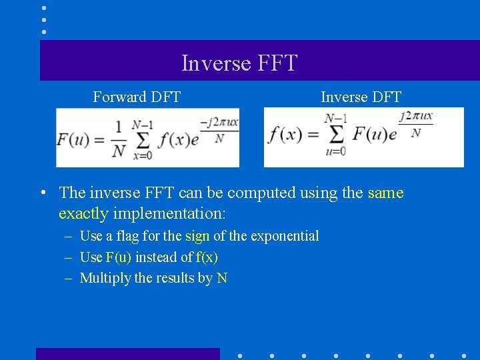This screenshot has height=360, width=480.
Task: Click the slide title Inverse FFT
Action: click(x=239, y=63)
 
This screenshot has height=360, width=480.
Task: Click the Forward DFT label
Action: click(x=137, y=97)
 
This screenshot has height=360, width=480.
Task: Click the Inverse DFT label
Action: click(x=361, y=97)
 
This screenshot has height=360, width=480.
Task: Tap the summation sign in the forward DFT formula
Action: click(x=141, y=139)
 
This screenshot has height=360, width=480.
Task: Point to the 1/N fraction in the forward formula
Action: click(x=118, y=139)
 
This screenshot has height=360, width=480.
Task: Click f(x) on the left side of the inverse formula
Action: click(x=285, y=134)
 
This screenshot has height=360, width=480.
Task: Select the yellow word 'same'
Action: click(x=385, y=193)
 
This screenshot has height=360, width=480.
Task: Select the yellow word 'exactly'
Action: click(x=83, y=214)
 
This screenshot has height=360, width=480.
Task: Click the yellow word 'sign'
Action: click(x=197, y=236)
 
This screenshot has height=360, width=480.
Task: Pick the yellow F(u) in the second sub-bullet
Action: click(x=119, y=257)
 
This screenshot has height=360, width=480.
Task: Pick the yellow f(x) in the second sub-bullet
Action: click(x=207, y=257)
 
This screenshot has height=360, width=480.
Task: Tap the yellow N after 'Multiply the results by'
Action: click(x=222, y=278)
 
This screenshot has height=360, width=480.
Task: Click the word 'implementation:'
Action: click(x=170, y=214)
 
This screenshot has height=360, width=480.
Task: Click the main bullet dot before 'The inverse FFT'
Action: click(x=42, y=193)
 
